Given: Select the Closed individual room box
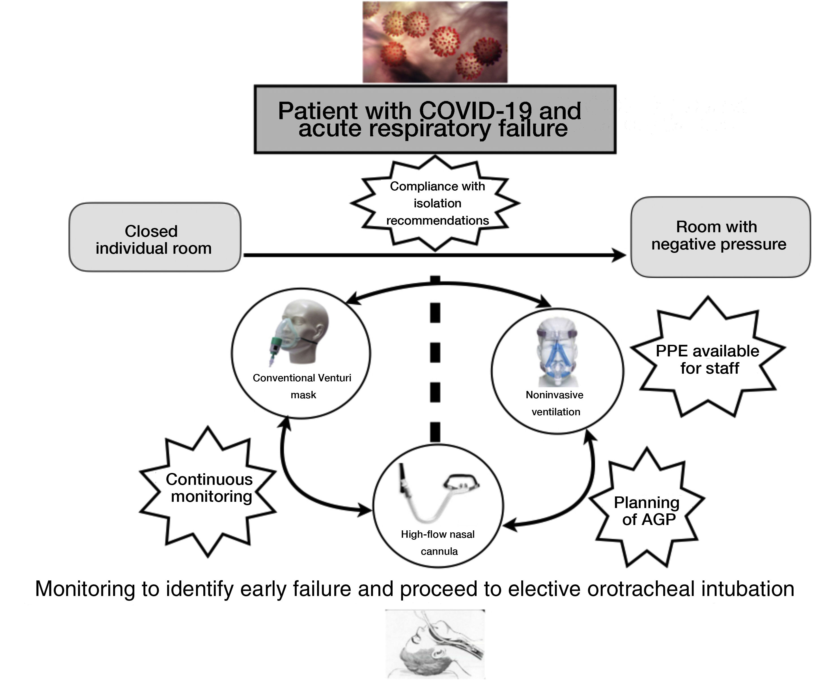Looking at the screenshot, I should pyautogui.click(x=155, y=237).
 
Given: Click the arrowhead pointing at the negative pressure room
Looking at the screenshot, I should pyautogui.click(x=619, y=255).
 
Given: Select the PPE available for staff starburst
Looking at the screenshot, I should pyautogui.click(x=708, y=359).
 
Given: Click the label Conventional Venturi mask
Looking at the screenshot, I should pyautogui.click(x=302, y=386).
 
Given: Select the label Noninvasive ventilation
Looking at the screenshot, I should pyautogui.click(x=555, y=403).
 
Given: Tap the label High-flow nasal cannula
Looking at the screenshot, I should pyautogui.click(x=438, y=543).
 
